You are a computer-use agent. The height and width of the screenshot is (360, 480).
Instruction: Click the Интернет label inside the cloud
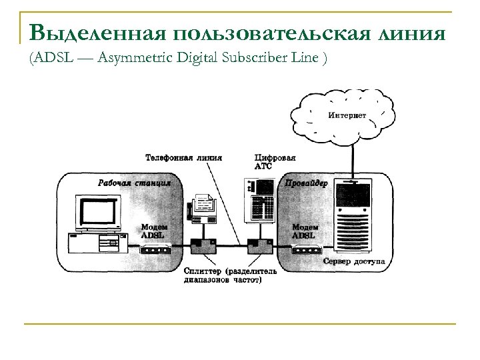[x=347, y=115]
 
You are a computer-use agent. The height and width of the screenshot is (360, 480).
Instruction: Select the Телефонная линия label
[x=183, y=158]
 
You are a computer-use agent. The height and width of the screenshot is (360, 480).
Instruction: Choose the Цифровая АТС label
[x=270, y=161]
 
